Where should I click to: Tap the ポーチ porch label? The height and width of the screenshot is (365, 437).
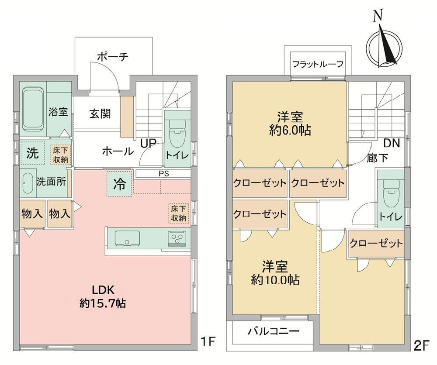pyautogui.click(x=113, y=57)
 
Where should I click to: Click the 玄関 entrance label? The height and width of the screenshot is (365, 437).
pyautogui.click(x=100, y=114)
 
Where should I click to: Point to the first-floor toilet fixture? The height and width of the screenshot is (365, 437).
pyautogui.click(x=177, y=131)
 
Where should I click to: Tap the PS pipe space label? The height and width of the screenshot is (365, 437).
pyautogui.click(x=164, y=173)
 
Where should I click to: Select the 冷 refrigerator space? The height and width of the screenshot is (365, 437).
pyautogui.click(x=119, y=184)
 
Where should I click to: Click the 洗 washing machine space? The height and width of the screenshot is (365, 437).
pyautogui.click(x=32, y=153)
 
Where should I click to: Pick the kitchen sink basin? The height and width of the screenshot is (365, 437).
pyautogui.click(x=127, y=238)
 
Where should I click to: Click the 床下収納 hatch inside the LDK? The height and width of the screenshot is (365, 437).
pyautogui.click(x=178, y=213)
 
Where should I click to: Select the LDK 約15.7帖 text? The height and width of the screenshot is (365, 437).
pyautogui.click(x=103, y=297)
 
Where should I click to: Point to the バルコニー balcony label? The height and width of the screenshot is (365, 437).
pyautogui.click(x=274, y=331)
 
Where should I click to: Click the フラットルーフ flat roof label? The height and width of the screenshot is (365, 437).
pyautogui.click(x=317, y=64)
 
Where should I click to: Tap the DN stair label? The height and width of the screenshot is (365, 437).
pyautogui.click(x=392, y=143)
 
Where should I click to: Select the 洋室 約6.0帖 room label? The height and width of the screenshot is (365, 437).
pyautogui.click(x=290, y=123)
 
